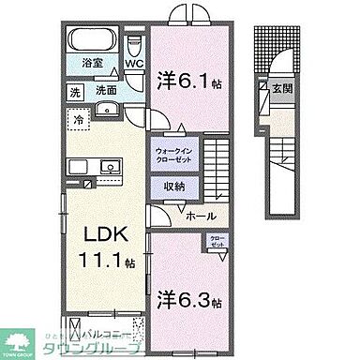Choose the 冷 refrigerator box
[81, 120]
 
